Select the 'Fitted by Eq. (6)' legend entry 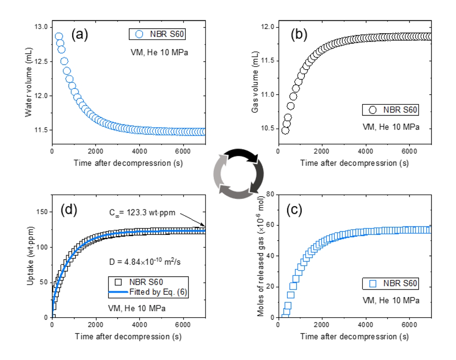(158, 292)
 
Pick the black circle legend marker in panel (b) (373, 110)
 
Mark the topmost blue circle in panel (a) (59, 37)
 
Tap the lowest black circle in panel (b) (285, 130)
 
